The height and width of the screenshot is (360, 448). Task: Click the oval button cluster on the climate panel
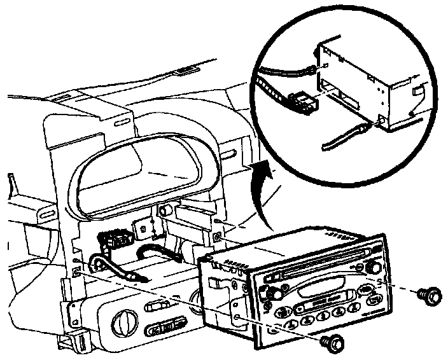point(165,328)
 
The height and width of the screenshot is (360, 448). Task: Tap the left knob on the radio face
point(275,294)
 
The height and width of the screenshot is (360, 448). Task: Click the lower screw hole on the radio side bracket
point(237,316)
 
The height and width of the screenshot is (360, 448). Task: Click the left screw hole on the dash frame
point(76,272)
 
